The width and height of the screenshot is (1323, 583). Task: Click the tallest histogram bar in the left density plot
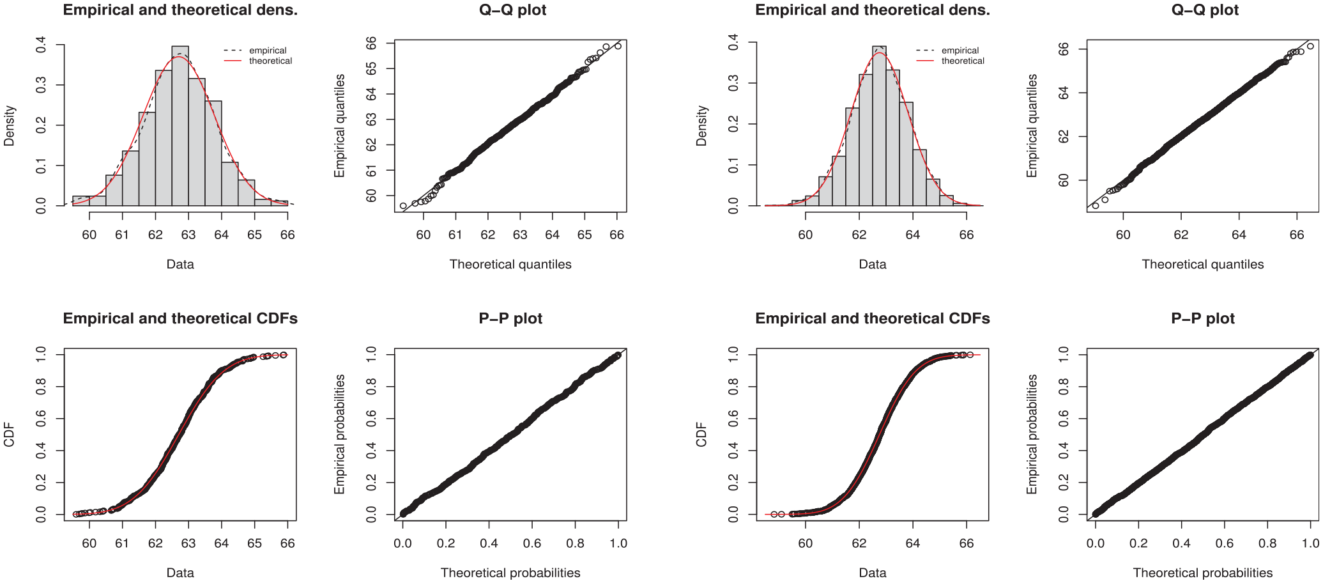click(180, 126)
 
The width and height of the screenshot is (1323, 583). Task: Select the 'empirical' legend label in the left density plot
click(268, 51)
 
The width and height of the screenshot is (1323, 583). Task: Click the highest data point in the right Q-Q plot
click(1310, 46)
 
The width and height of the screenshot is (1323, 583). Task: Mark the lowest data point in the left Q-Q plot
click(403, 206)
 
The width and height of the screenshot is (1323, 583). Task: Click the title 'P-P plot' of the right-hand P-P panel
click(1203, 318)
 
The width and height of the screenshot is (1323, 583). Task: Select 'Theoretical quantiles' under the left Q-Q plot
click(510, 264)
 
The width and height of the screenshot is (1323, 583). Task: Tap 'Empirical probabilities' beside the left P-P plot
click(339, 434)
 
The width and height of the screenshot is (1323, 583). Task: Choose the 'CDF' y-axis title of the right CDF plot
click(701, 434)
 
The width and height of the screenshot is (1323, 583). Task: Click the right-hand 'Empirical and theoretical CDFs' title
click(873, 318)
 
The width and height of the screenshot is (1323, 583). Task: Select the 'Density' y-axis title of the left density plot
click(9, 126)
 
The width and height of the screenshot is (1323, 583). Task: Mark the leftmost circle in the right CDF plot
click(774, 514)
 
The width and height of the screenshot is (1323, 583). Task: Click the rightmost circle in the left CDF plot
click(284, 355)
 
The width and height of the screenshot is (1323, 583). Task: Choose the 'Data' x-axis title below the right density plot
click(873, 264)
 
